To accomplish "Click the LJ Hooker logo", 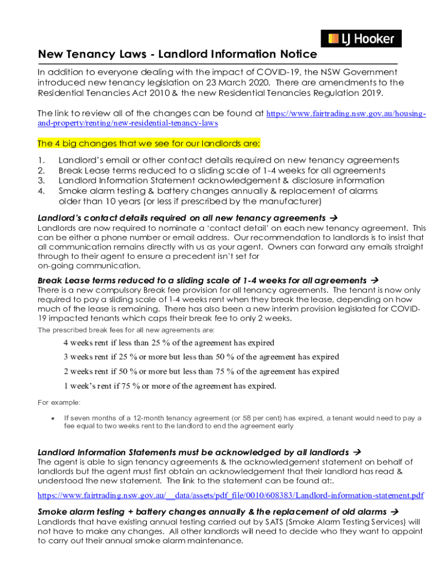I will click(361, 39).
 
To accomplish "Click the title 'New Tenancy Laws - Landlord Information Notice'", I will click(177, 54).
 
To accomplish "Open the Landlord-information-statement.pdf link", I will click(230, 495).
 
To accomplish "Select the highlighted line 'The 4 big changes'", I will click(149, 142).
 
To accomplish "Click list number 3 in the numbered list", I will click(41, 181).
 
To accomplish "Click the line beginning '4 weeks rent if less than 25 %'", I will click(169, 343).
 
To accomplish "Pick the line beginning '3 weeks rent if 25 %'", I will click(201, 357).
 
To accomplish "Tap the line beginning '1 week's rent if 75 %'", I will click(170, 386).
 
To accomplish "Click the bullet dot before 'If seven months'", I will click(53, 419).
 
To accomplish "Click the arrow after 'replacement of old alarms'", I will click(393, 512).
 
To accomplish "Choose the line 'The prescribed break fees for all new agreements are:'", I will click(126, 330).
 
